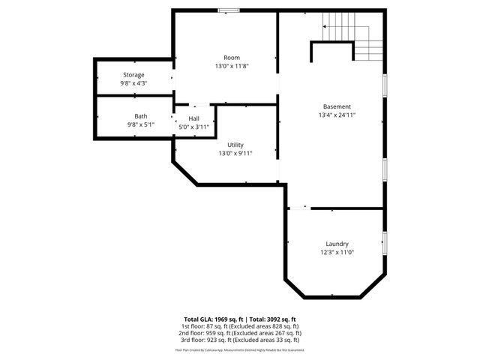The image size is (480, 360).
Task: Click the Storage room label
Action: (x=134, y=75)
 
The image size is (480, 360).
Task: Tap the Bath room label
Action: (x=141, y=116)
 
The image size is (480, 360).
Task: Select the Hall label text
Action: (x=194, y=118)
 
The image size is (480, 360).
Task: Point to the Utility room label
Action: (x=235, y=145)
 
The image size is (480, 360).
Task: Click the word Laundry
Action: (x=337, y=244)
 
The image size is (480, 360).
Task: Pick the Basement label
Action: (x=337, y=106)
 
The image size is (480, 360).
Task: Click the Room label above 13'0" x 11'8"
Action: (x=232, y=58)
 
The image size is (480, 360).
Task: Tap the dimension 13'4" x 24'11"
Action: (x=337, y=115)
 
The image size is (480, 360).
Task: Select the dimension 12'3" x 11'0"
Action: (x=337, y=253)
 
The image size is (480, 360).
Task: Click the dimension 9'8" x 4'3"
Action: (x=134, y=83)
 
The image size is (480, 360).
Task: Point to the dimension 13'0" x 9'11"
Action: (x=235, y=154)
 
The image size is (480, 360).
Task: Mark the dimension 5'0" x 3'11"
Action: (x=194, y=127)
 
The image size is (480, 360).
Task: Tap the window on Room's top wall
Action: (x=228, y=10)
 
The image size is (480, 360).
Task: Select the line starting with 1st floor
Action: (x=240, y=327)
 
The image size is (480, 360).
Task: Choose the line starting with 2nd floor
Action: (x=240, y=334)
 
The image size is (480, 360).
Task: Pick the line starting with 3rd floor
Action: (x=240, y=342)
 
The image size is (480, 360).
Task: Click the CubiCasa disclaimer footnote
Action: (x=240, y=350)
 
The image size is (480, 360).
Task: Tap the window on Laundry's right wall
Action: (x=385, y=244)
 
